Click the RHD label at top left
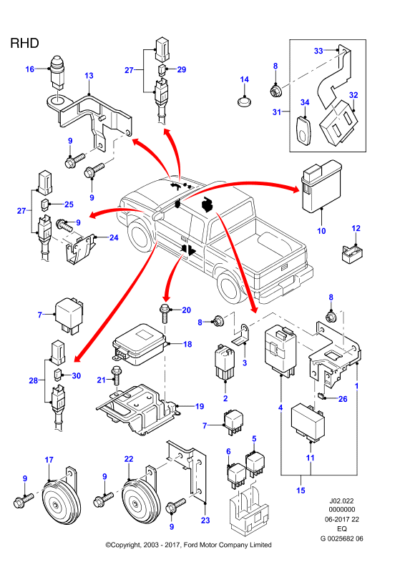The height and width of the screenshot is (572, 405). click(x=24, y=43)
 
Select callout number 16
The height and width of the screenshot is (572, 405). click(x=29, y=69)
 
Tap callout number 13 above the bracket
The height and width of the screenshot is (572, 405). click(x=89, y=76)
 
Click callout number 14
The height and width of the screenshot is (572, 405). click(x=244, y=79)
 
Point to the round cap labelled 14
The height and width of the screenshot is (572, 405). click(x=244, y=101)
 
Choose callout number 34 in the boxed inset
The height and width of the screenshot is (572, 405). click(x=305, y=102)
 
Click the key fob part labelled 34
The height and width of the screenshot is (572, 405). click(x=304, y=130)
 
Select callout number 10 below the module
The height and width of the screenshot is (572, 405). click(x=321, y=230)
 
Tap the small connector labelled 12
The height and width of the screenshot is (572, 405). click(x=352, y=254)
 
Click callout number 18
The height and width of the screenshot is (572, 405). click(x=187, y=344)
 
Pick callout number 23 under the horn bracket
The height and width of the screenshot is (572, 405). click(x=205, y=521)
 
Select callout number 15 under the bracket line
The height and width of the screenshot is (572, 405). click(x=301, y=490)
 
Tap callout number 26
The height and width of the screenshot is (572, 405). click(x=343, y=399)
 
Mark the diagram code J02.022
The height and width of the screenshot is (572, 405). click(x=342, y=501)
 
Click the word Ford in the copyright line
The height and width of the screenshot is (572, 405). click(x=191, y=545)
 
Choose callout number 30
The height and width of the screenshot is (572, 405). click(x=77, y=376)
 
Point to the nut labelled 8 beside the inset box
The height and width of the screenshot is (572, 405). click(x=275, y=90)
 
